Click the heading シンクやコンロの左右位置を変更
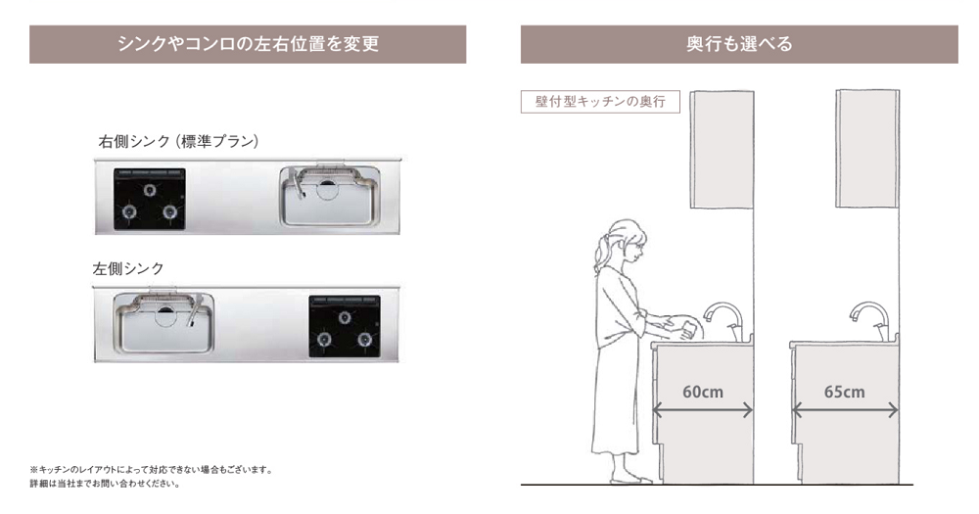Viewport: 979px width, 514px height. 248,44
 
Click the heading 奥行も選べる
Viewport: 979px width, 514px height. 739,44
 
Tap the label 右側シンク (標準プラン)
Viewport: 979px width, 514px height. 178,141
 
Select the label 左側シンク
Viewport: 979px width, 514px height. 128,267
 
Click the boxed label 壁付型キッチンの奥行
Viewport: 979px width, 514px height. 600,102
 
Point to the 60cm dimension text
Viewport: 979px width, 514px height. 702,392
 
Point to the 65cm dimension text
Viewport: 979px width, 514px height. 844,392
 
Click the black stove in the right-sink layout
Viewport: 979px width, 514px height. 150,199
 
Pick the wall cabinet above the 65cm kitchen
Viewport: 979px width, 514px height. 867,149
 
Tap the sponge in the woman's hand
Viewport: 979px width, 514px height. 689,329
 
